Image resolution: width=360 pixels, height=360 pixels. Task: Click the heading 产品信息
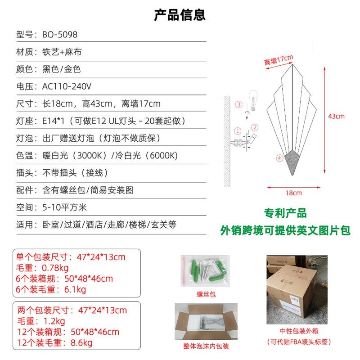pos(180,15)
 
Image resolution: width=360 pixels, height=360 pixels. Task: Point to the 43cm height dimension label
pos(336,116)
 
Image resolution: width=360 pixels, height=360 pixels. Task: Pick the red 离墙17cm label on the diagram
pos(279,60)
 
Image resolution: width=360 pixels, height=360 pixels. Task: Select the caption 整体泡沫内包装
pos(206,346)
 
